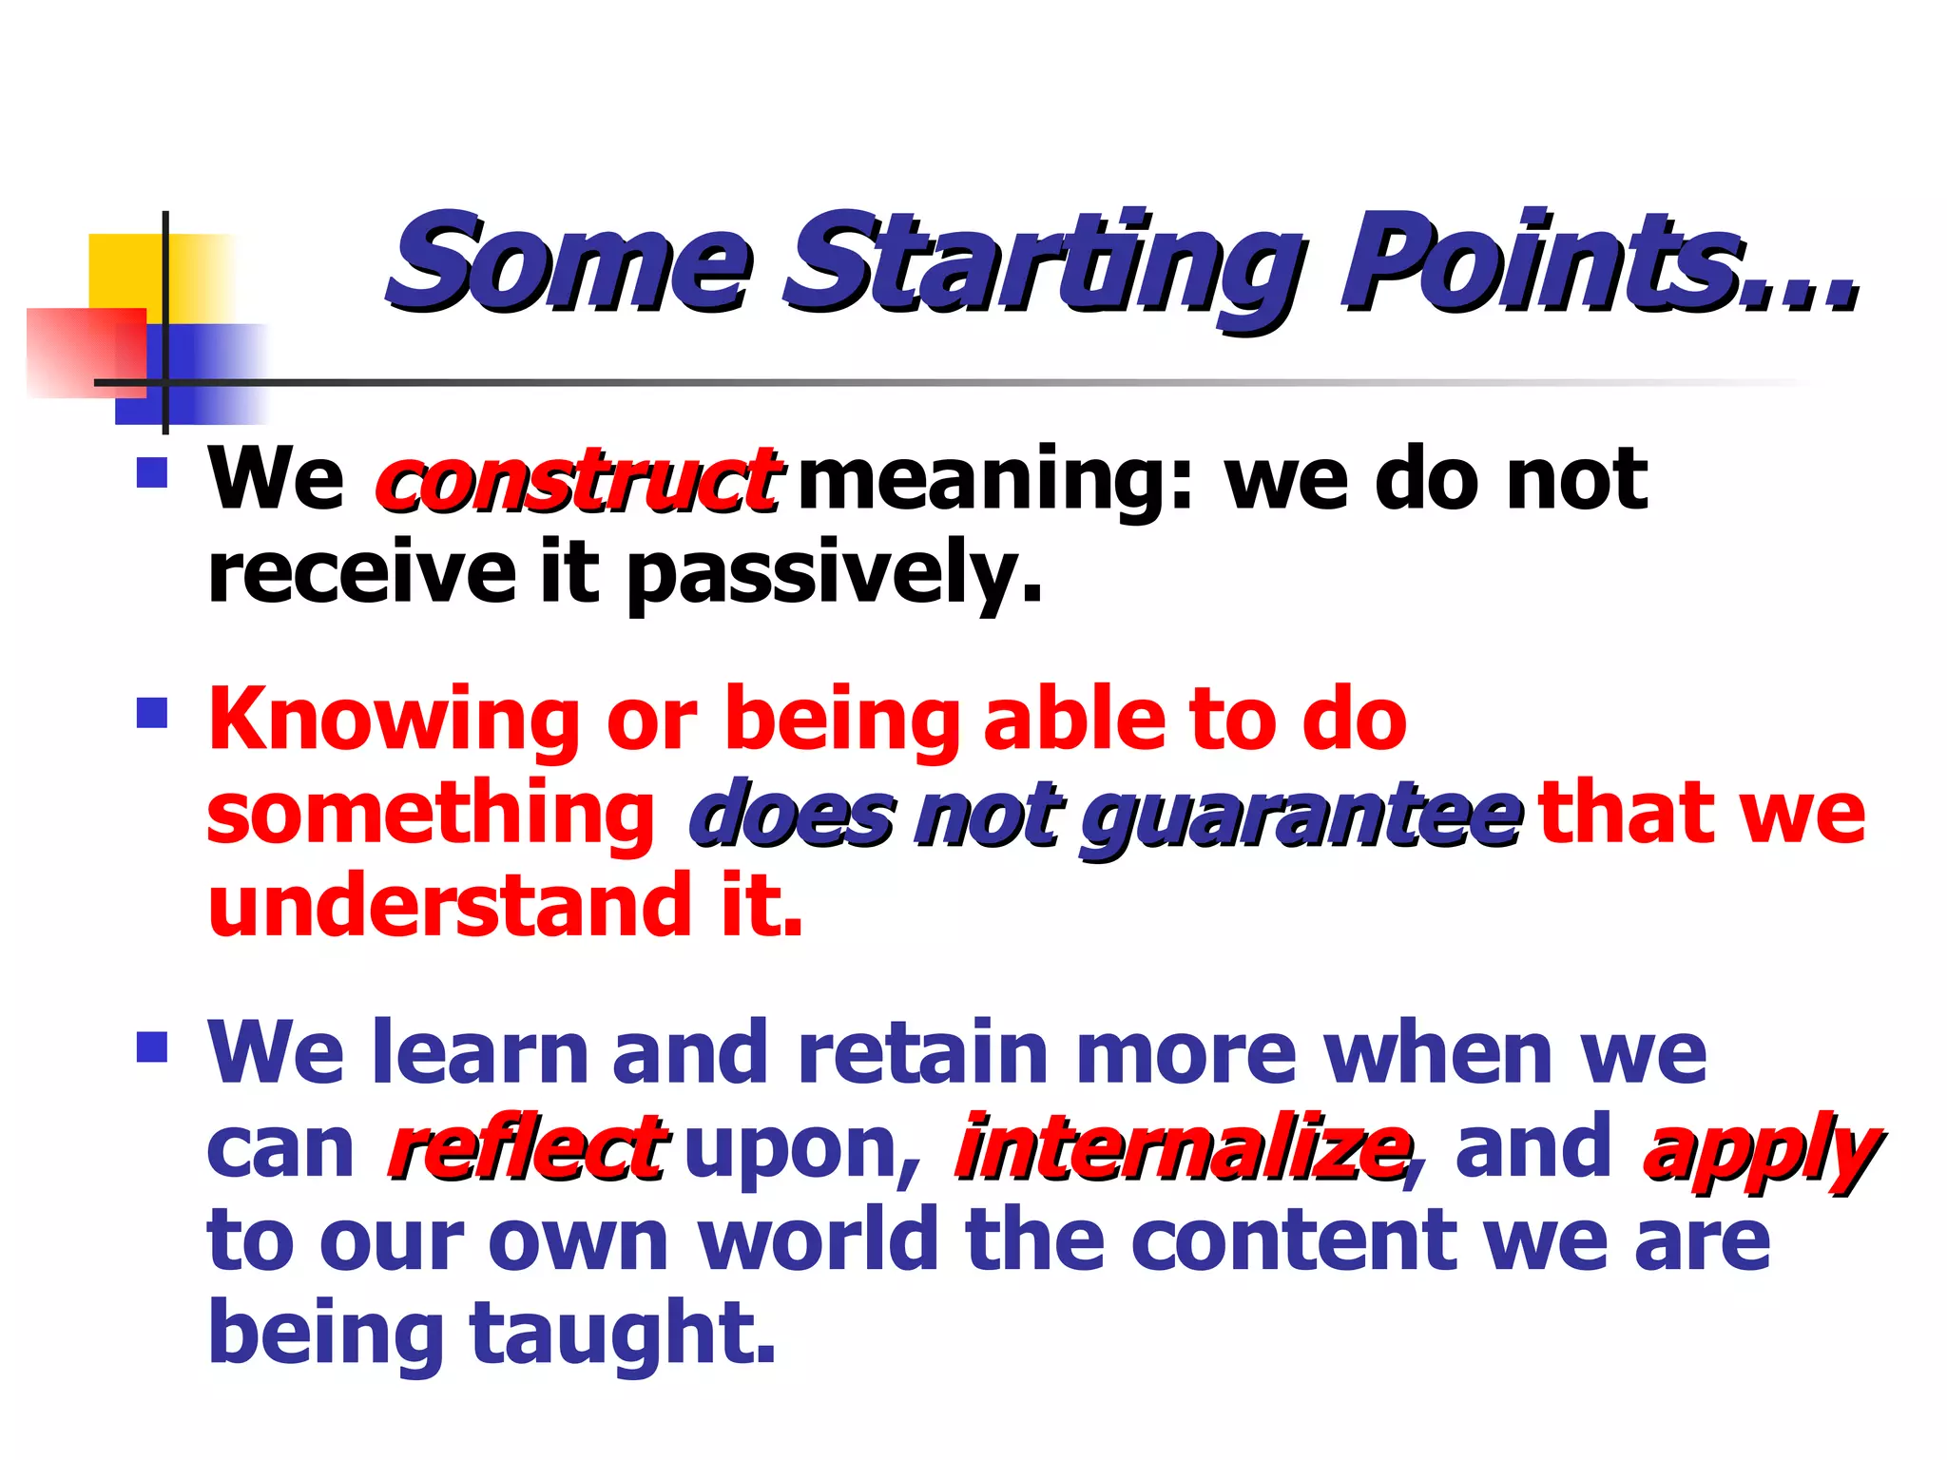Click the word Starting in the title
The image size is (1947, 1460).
[x=1041, y=263]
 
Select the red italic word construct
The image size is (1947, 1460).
[x=578, y=480]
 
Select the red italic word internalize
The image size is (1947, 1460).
[x=1181, y=1148]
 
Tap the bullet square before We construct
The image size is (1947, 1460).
[x=152, y=472]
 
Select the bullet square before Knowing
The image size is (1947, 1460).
[x=152, y=713]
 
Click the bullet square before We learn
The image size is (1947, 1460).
[x=152, y=1047]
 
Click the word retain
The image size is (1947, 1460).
[x=922, y=1053]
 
